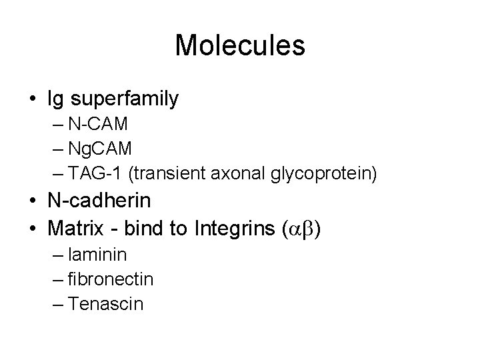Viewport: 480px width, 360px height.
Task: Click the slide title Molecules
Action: (x=240, y=45)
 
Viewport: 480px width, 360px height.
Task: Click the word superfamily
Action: (x=124, y=99)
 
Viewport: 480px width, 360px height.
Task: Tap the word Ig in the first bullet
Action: (x=55, y=99)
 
